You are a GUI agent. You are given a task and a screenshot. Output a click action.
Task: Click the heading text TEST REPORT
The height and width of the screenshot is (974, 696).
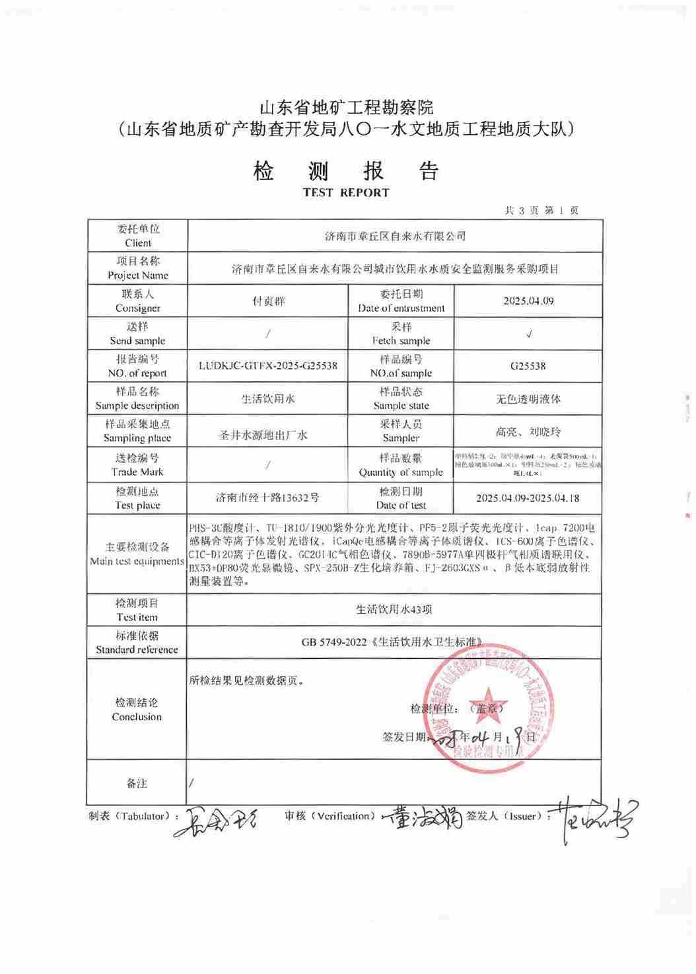346,193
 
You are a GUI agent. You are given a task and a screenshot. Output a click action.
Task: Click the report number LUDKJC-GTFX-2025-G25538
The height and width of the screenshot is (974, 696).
268,366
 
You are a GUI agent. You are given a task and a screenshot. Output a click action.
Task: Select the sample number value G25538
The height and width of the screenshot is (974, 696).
528,366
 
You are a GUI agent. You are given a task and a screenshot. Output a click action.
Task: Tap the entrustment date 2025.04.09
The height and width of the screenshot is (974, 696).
528,301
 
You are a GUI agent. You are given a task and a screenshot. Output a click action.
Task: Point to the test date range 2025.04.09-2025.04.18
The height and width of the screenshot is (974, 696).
528,498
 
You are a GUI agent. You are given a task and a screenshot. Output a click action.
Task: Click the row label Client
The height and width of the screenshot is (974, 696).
138,243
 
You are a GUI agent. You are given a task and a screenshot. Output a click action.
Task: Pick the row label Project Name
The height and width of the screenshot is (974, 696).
138,276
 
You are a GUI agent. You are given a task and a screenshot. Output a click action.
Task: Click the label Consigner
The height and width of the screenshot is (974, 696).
138,308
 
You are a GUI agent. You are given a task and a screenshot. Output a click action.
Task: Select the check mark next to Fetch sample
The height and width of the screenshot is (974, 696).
528,334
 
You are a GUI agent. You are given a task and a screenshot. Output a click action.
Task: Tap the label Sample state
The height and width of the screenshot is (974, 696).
401,406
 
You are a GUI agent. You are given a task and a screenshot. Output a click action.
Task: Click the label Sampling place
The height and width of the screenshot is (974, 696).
137,438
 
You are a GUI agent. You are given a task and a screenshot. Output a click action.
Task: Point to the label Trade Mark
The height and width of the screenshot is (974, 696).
137,472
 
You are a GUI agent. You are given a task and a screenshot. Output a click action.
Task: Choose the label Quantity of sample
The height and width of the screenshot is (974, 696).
401,472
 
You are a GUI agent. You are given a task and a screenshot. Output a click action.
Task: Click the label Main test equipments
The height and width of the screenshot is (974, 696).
137,562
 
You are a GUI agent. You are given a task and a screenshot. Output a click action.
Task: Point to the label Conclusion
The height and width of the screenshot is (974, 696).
137,717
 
